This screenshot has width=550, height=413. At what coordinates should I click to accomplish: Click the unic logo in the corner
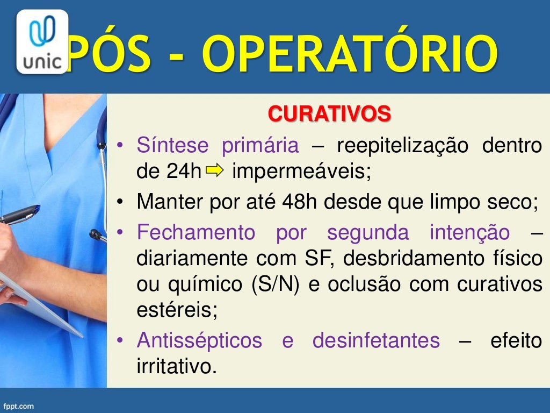(x=42, y=41)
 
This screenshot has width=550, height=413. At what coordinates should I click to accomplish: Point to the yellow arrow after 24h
(x=214, y=171)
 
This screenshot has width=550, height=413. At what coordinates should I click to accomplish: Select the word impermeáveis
(x=301, y=172)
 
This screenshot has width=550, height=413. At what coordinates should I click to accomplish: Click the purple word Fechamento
(x=196, y=233)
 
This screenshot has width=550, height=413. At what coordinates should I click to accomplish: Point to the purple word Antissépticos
(x=199, y=340)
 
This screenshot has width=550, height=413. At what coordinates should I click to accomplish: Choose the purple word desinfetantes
(x=376, y=340)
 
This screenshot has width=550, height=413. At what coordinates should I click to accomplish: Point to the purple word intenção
(x=469, y=233)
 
